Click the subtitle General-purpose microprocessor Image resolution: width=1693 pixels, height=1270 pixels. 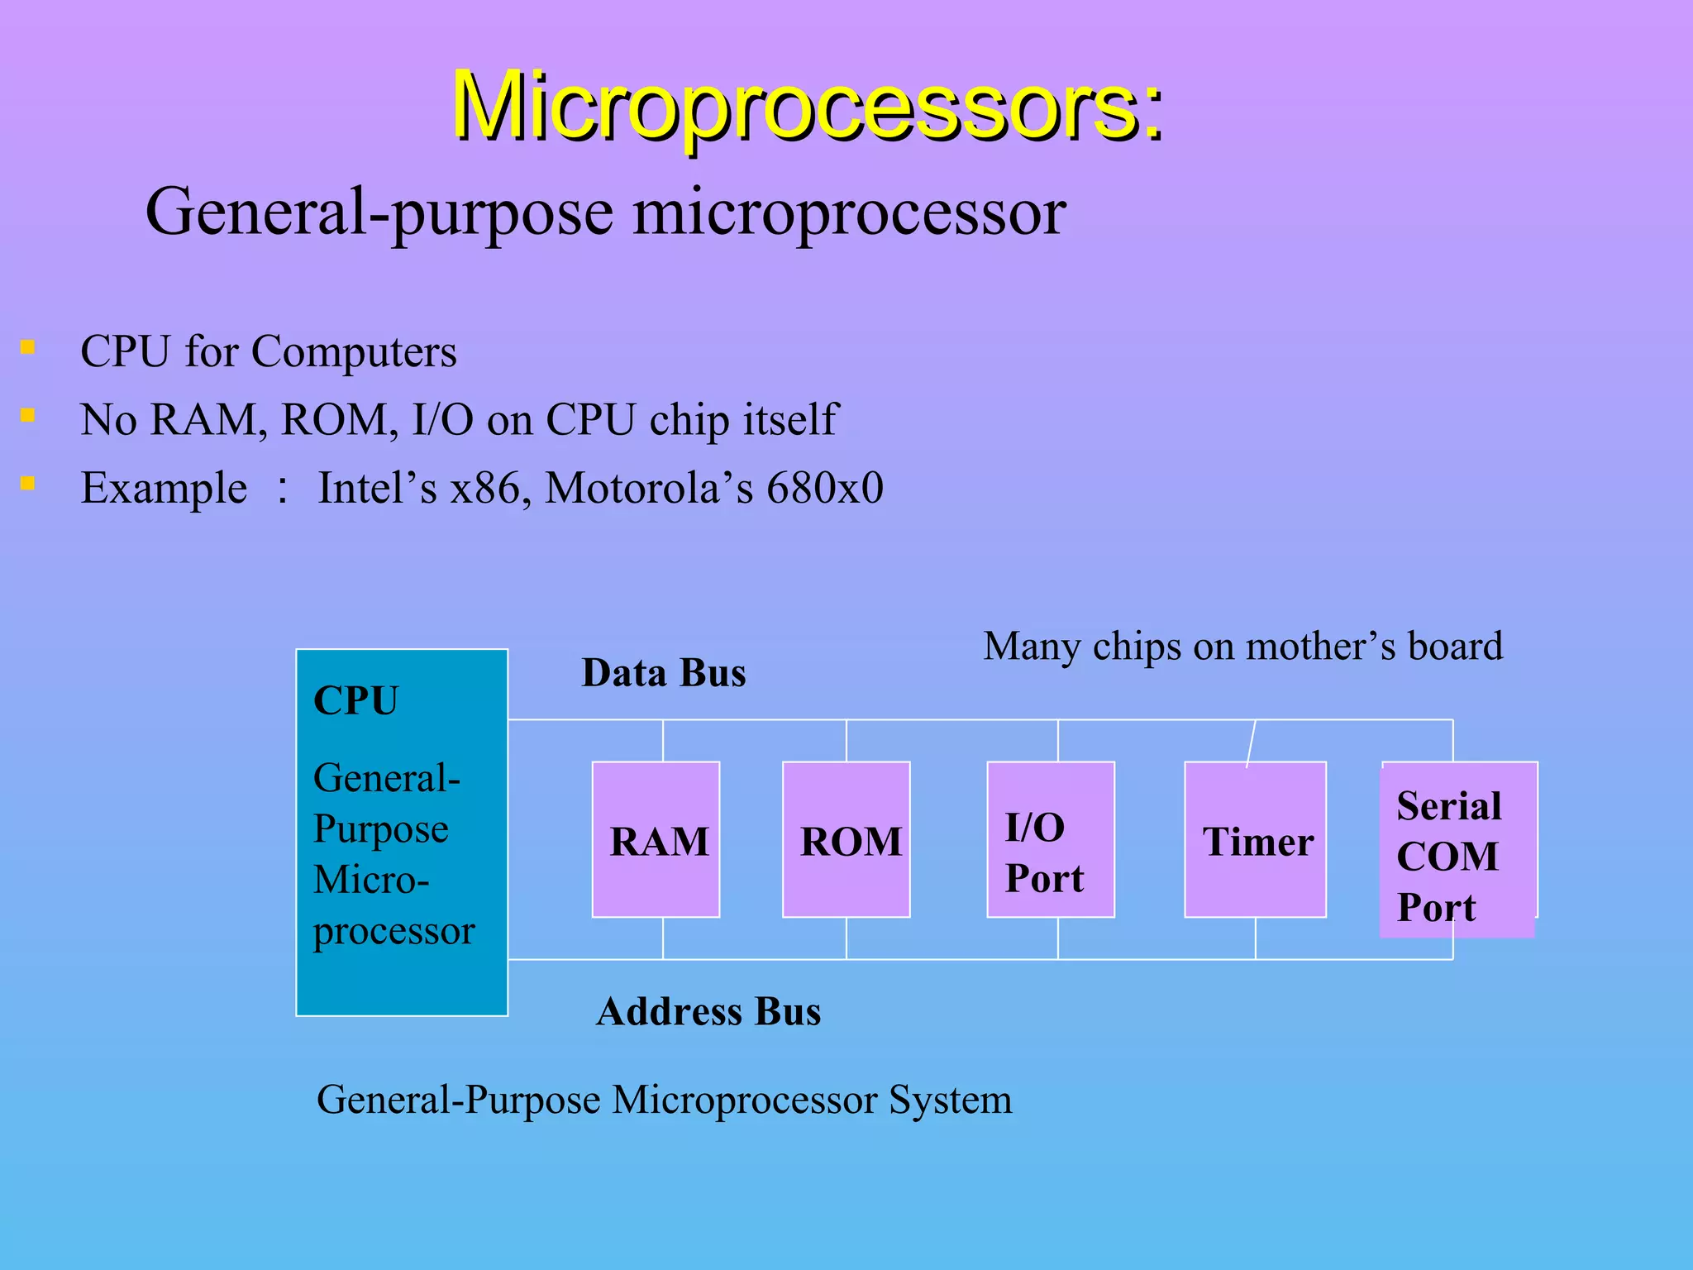pyautogui.click(x=605, y=212)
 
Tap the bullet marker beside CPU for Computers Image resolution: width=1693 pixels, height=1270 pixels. pyautogui.click(x=28, y=347)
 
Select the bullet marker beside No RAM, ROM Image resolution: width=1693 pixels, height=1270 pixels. pyautogui.click(x=28, y=415)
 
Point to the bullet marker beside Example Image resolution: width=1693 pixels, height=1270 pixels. pyautogui.click(x=28, y=483)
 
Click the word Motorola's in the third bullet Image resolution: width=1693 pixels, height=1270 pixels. pyautogui.click(x=649, y=488)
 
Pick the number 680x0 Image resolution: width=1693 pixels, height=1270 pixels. pyautogui.click(x=825, y=488)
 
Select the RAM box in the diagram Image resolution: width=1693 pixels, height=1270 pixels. pyautogui.click(x=656, y=839)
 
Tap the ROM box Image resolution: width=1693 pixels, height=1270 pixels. pyautogui.click(x=846, y=839)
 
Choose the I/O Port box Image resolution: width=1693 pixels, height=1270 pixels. pyautogui.click(x=1050, y=839)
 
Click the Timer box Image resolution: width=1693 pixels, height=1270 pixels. pyautogui.click(x=1255, y=839)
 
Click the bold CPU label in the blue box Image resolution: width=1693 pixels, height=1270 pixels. pyautogui.click(x=355, y=700)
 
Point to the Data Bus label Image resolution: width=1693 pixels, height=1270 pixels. pyautogui.click(x=664, y=673)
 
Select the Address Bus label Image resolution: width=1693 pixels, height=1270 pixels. pyautogui.click(x=708, y=1012)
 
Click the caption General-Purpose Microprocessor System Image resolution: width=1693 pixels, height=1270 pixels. pyautogui.click(x=664, y=1101)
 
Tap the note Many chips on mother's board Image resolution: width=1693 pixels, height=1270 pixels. pyautogui.click(x=1242, y=647)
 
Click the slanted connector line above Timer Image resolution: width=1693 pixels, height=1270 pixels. pyautogui.click(x=1251, y=742)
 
